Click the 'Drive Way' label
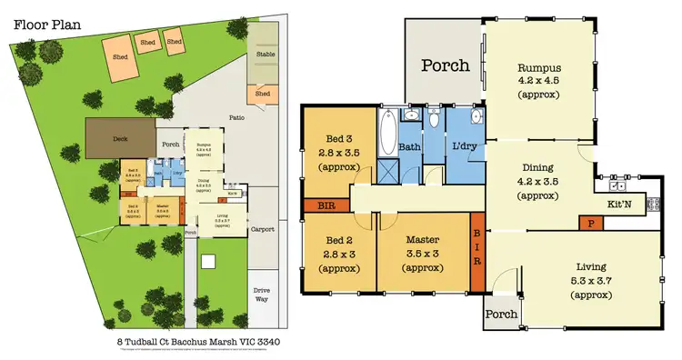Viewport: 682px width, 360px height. (x=262, y=296)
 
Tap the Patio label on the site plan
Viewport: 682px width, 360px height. (x=237, y=117)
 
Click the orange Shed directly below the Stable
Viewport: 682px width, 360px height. (x=262, y=95)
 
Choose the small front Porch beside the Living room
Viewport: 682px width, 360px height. (x=500, y=315)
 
